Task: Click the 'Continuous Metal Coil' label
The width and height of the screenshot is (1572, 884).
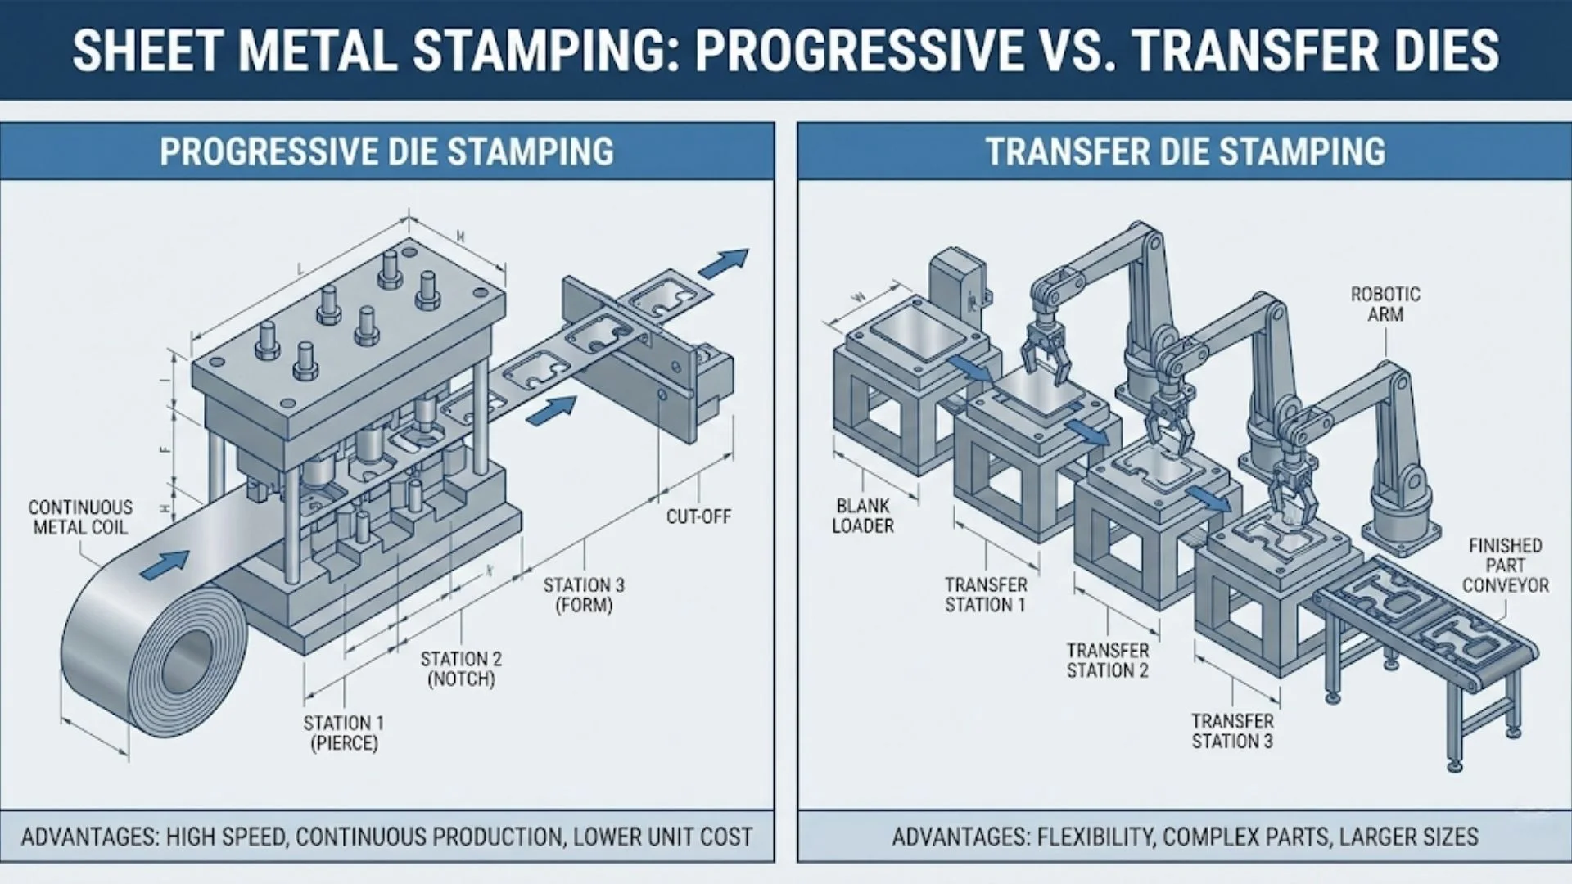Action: coord(80,517)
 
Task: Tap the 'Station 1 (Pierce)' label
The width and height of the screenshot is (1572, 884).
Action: coord(343,733)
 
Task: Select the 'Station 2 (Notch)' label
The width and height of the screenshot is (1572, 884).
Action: coord(461,669)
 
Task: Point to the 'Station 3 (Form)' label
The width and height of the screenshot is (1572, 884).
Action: coord(584,595)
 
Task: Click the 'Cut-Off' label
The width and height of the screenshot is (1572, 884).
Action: coord(698,516)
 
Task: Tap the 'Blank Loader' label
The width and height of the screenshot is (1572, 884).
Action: coord(863,516)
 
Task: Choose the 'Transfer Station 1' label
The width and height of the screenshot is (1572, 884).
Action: coord(986,595)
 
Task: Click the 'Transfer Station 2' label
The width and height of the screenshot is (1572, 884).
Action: coord(1108,661)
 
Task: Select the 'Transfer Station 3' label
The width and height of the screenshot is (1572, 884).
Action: coord(1232,731)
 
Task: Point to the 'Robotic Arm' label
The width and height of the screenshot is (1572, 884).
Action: coord(1385,304)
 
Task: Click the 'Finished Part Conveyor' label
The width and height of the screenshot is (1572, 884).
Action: coord(1506,565)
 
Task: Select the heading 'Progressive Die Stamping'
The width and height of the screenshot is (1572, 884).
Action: coord(386,152)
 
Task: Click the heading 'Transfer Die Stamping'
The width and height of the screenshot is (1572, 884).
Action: coord(1185,152)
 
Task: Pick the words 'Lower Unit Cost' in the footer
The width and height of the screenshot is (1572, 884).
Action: coord(662,837)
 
